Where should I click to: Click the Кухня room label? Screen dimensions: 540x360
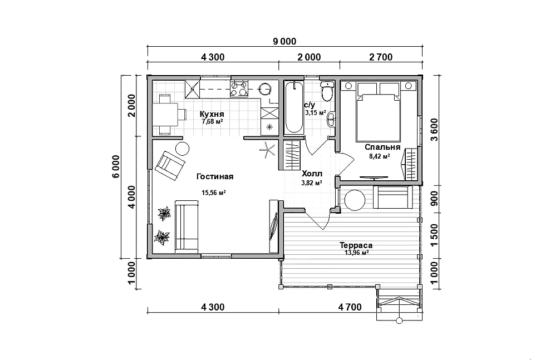pos(212,114)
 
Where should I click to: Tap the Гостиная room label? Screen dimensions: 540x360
pos(215,176)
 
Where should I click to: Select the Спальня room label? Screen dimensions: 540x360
pos(382,147)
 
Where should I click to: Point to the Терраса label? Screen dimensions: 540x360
pos(356,245)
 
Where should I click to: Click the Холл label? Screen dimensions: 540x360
pos(312,174)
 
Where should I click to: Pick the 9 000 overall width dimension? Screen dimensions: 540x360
pos(284,42)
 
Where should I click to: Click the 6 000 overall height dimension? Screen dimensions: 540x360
pos(116,166)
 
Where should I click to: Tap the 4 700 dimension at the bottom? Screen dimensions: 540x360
pos(350,307)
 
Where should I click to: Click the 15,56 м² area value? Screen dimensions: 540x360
pos(214,193)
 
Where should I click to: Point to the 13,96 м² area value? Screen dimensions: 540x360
pos(357,253)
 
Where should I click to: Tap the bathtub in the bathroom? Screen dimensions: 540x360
pos(294,107)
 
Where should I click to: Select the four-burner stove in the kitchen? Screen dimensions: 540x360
pos(239,88)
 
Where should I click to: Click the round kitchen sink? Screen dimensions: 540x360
pos(265,88)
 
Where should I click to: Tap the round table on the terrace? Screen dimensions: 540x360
pos(355,200)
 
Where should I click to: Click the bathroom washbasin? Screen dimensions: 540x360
pos(331,119)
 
